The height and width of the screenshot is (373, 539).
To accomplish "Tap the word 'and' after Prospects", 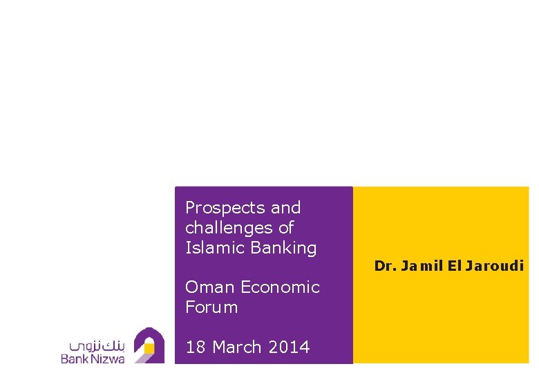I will [x=285, y=208].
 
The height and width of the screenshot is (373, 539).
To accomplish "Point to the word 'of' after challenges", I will [x=286, y=228].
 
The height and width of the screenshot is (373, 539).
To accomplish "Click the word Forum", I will [x=211, y=307].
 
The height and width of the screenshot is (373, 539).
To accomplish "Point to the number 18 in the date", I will [x=196, y=347].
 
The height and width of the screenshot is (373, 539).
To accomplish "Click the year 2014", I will [x=290, y=347].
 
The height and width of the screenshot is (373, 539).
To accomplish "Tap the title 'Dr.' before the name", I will [x=384, y=265].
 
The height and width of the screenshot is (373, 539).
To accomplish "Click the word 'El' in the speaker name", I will [x=453, y=265].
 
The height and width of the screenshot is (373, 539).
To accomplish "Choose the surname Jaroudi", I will [x=495, y=265].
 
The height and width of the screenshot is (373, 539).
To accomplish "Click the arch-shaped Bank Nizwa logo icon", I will [x=149, y=345].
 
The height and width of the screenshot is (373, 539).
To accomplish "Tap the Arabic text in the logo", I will [x=97, y=343].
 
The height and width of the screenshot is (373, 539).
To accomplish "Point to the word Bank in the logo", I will [x=77, y=358].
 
